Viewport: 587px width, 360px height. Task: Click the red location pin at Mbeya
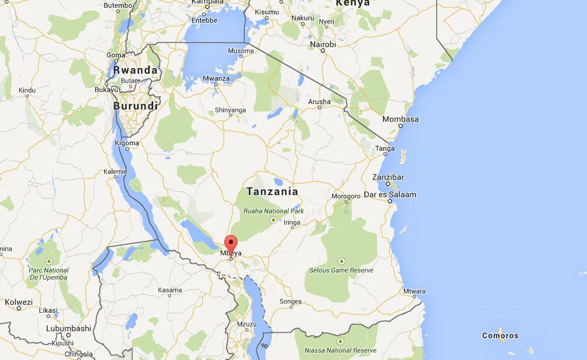click(230, 244)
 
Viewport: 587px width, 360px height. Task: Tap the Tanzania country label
click(272, 192)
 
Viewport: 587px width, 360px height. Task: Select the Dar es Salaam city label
click(390, 194)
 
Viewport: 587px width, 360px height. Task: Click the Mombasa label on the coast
click(400, 119)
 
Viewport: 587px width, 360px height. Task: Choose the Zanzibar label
click(388, 177)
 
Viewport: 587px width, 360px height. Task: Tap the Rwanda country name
click(136, 71)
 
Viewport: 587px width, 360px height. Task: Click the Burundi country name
click(136, 106)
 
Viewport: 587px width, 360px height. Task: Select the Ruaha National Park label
click(273, 211)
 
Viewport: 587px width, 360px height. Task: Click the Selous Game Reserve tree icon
click(341, 261)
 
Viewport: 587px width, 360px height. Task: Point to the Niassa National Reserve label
click(340, 350)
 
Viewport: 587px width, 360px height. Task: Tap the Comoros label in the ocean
click(500, 335)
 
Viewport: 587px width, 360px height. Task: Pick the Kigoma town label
click(127, 143)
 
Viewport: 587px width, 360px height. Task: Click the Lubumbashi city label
click(69, 328)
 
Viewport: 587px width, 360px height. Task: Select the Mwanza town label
click(215, 78)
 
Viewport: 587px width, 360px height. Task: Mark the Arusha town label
click(319, 102)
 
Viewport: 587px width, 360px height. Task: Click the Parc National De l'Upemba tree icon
click(48, 261)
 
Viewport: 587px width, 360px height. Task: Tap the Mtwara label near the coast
click(414, 292)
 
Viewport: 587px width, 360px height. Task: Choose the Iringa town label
click(291, 222)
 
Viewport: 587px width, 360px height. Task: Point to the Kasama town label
click(170, 290)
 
